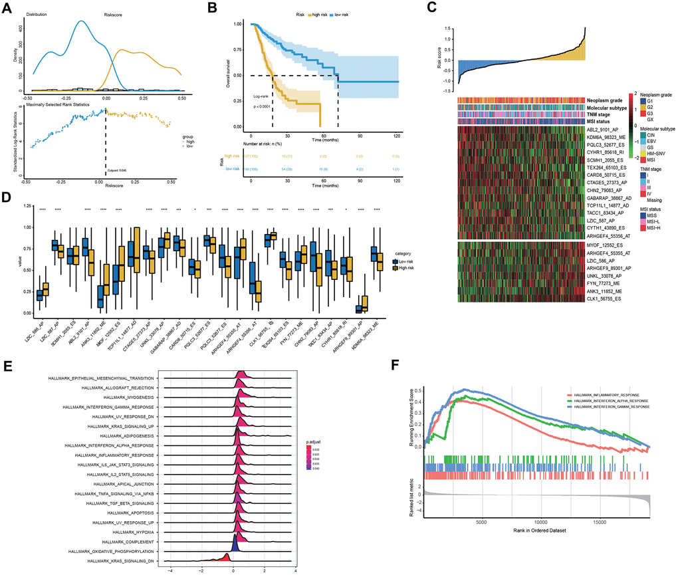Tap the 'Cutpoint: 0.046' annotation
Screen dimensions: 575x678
118,171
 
